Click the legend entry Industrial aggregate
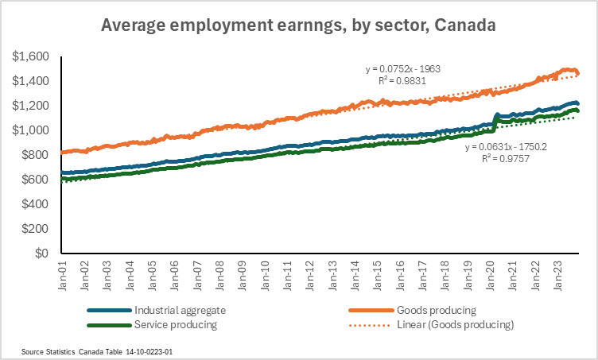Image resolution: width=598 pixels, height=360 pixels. [178, 309]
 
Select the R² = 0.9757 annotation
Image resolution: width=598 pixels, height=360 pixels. [507, 158]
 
